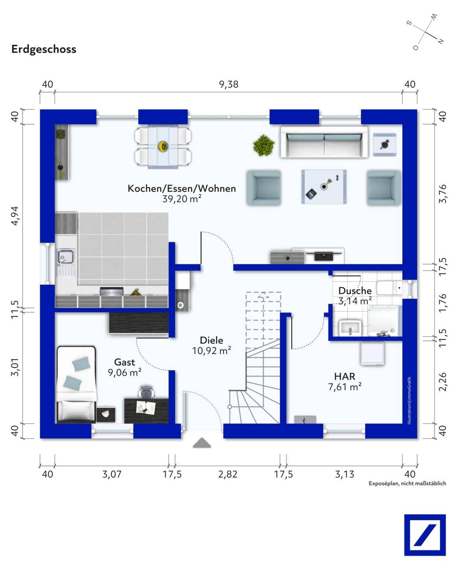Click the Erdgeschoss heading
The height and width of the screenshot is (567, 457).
(x=44, y=50)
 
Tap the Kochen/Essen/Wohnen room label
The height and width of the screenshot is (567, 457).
(x=182, y=189)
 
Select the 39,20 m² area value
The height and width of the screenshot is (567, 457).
(x=182, y=199)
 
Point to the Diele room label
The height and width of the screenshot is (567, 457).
(x=211, y=340)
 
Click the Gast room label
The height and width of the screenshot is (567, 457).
(x=125, y=362)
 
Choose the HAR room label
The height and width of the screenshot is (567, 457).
(x=345, y=376)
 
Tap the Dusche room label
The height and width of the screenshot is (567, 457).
(x=355, y=291)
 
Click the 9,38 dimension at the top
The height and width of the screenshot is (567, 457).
(x=229, y=85)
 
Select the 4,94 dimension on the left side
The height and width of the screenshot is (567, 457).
(x=15, y=216)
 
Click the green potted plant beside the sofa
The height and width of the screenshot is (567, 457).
(x=264, y=145)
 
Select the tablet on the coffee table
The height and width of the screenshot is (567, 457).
(x=311, y=194)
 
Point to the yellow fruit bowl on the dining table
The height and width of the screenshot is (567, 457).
(x=163, y=146)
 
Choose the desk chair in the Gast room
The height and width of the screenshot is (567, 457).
(x=146, y=391)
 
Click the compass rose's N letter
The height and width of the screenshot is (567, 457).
(x=441, y=41)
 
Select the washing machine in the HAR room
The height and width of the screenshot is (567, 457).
(x=372, y=354)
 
